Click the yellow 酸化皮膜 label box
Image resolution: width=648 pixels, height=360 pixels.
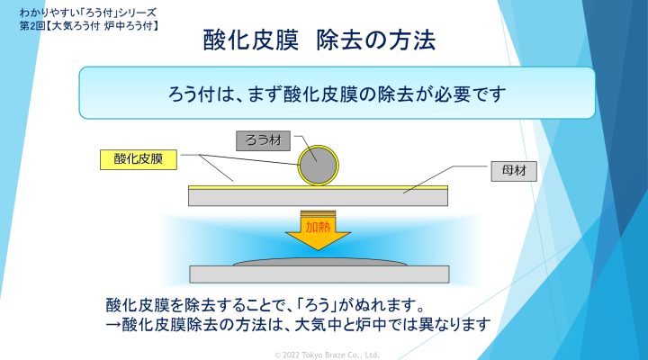(x=139, y=159)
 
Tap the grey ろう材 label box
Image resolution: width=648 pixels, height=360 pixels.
(x=263, y=141)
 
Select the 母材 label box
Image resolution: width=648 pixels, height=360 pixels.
(x=514, y=171)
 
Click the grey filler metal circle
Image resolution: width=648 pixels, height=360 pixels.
(x=318, y=166)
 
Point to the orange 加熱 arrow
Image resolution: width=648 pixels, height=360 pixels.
(x=318, y=231)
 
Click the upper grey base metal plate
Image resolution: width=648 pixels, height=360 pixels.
(x=318, y=198)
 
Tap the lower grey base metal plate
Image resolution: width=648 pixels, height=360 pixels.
(x=319, y=274)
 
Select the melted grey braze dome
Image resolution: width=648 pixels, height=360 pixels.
(x=319, y=262)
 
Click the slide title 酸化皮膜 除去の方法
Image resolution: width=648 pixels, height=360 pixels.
(x=319, y=40)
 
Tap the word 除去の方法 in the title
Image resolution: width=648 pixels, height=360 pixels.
(x=376, y=40)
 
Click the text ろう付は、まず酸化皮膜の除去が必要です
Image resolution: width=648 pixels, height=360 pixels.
(x=337, y=94)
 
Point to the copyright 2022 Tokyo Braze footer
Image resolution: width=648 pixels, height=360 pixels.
(x=327, y=355)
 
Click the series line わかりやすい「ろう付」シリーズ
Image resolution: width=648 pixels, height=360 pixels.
(x=87, y=13)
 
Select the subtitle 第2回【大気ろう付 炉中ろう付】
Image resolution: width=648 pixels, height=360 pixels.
(x=89, y=26)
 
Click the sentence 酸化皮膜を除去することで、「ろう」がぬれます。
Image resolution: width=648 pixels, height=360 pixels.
(x=265, y=305)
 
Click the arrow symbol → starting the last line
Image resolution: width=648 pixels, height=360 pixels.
(x=113, y=325)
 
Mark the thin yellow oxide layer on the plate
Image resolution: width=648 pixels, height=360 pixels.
(x=318, y=187)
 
